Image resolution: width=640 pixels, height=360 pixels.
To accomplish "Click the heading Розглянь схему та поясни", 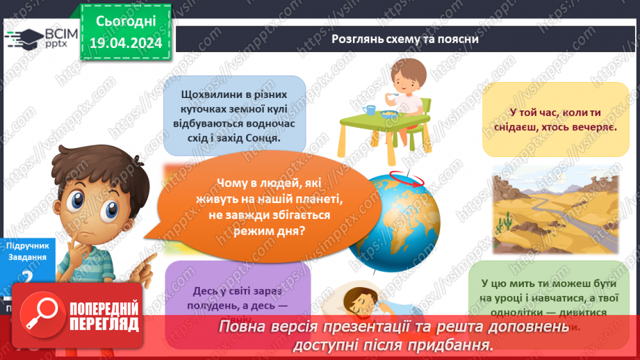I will coord(405,40).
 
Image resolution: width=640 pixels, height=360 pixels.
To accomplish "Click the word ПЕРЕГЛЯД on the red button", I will coord(105,324).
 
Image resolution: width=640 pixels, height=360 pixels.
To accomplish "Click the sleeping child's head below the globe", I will coord(361,301).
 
